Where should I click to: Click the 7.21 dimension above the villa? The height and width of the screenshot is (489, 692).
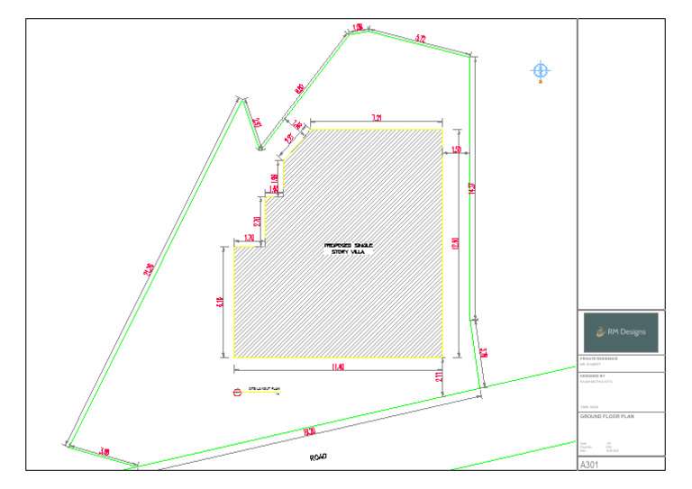pyautogui.click(x=378, y=118)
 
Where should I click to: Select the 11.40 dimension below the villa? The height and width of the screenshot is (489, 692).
pyautogui.click(x=338, y=367)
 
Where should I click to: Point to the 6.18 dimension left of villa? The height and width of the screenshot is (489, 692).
pyautogui.click(x=219, y=303)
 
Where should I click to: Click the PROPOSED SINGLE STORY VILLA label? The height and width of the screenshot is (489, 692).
pyautogui.click(x=348, y=249)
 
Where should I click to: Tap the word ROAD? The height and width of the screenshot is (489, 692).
pyautogui.click(x=318, y=457)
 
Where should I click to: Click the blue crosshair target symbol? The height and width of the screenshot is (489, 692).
pyautogui.click(x=541, y=70)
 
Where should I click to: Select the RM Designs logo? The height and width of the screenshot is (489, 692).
pyautogui.click(x=621, y=332)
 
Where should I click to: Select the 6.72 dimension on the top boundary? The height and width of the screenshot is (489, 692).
pyautogui.click(x=421, y=39)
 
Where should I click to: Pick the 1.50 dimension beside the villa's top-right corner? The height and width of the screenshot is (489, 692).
pyautogui.click(x=457, y=149)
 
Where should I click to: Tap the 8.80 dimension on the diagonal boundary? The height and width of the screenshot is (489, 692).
pyautogui.click(x=299, y=88)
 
